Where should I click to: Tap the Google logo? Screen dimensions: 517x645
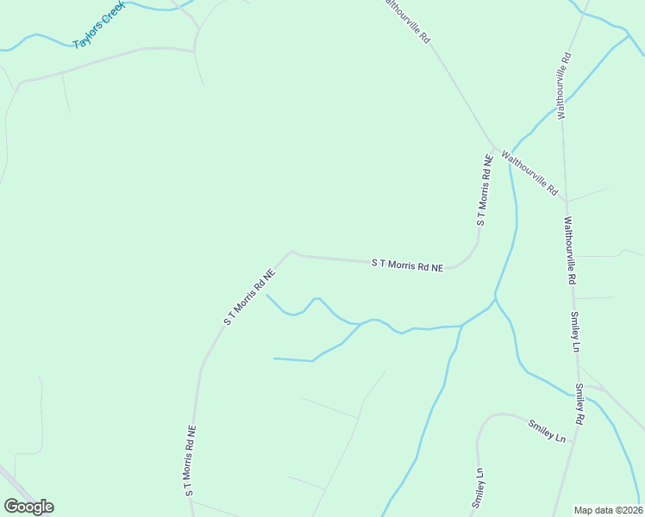(x=28, y=507)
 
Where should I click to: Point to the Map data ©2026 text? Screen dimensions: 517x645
(x=608, y=510)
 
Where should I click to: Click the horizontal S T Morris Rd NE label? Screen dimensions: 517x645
(x=408, y=265)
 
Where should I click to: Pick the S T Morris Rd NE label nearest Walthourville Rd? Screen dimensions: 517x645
(x=485, y=190)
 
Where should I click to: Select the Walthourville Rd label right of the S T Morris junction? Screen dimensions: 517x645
(x=531, y=172)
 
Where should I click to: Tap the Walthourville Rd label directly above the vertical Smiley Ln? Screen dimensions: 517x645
(x=569, y=251)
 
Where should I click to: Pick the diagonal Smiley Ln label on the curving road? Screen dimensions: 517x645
(x=548, y=431)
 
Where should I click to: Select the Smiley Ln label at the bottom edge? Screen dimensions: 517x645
(x=477, y=488)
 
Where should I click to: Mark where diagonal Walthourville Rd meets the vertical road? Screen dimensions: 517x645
(x=566, y=201)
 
